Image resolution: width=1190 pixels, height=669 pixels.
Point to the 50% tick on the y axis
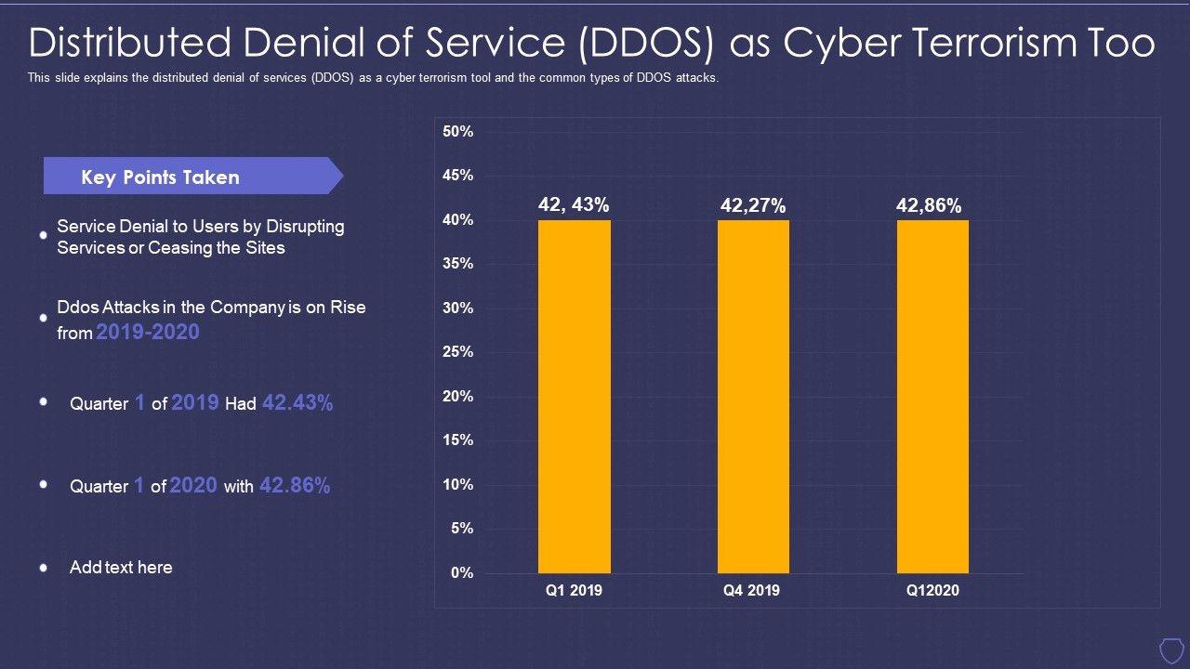[458, 132]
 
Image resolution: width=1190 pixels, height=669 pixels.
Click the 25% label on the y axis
[458, 352]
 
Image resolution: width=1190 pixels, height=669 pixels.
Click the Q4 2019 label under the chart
[751, 591]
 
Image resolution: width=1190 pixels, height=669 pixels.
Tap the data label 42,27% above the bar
[753, 206]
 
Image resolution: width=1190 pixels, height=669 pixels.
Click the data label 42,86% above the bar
[929, 206]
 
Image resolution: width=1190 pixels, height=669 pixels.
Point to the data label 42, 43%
[574, 205]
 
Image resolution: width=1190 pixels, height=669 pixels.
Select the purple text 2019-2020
[148, 332]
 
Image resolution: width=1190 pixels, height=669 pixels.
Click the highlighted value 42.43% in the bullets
[297, 402]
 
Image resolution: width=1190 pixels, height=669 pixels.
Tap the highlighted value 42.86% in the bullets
[295, 485]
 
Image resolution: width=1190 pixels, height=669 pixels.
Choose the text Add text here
[121, 567]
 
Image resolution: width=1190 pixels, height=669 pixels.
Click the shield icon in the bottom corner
[1170, 648]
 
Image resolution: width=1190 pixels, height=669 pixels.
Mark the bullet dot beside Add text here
[43, 567]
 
